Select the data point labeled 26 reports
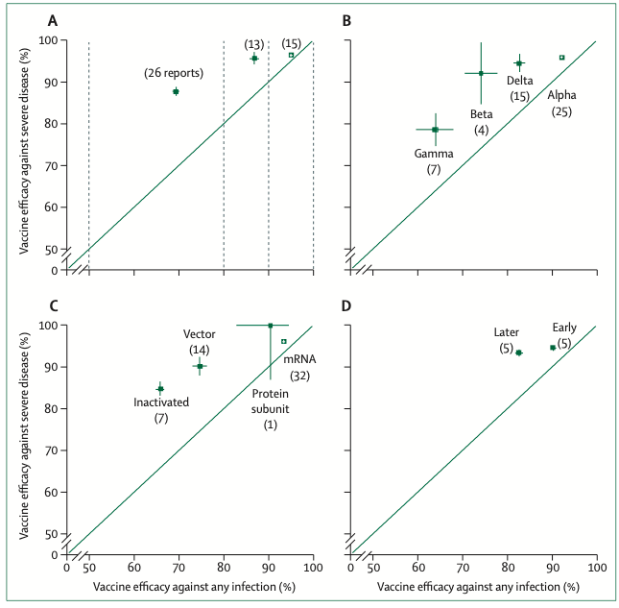pyautogui.click(x=176, y=91)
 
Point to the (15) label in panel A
pyautogui.click(x=291, y=42)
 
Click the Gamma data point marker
pyautogui.click(x=435, y=130)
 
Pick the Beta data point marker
pyautogui.click(x=481, y=73)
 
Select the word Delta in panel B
pyautogui.click(x=520, y=81)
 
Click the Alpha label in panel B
pyautogui.click(x=561, y=96)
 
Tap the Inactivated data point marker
pyautogui.click(x=160, y=389)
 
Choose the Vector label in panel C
pyautogui.click(x=199, y=334)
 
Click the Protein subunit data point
pyautogui.click(x=271, y=326)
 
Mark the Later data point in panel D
pyautogui.click(x=519, y=353)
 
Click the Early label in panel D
pyautogui.click(x=564, y=327)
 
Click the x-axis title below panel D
pyautogui.click(x=477, y=585)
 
